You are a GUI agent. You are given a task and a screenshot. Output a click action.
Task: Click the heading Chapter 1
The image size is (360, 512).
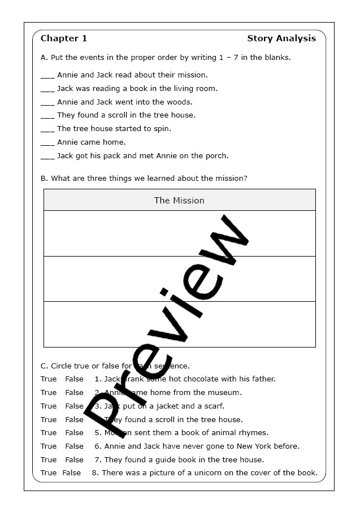coord(64,38)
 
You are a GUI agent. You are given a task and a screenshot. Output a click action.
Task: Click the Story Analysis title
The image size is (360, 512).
coord(281,38)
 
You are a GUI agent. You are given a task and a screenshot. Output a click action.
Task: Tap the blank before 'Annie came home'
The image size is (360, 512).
coord(47,143)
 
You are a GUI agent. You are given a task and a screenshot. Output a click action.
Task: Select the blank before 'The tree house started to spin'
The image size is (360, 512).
coord(47,129)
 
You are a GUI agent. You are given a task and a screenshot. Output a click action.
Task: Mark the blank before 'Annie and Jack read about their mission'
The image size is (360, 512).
coord(47,76)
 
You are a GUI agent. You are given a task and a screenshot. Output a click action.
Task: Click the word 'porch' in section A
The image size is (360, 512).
coord(218,156)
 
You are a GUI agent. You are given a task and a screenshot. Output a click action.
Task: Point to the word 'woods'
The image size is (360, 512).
coord(180,102)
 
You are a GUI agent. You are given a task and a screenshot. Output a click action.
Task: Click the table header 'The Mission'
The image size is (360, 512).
coord(179,201)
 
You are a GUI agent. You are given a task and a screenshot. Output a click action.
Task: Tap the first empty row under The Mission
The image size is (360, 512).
coord(179,233)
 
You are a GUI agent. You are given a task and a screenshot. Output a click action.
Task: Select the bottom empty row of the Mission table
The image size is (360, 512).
coord(179,324)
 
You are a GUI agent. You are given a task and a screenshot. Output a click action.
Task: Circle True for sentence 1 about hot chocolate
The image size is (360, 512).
coord(49,379)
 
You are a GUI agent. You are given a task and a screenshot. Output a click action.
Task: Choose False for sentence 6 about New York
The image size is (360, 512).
coord(74,446)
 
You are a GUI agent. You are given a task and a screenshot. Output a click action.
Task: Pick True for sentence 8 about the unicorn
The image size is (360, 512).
coord(49,473)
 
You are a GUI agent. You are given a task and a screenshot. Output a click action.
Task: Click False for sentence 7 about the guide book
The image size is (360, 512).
coord(74,460)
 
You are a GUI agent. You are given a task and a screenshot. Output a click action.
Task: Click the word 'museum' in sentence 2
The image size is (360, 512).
coord(227,393)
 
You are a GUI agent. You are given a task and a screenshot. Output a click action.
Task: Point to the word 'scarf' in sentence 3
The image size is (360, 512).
coord(212,406)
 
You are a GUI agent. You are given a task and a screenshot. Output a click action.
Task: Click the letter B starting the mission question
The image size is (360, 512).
coord(44,179)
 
